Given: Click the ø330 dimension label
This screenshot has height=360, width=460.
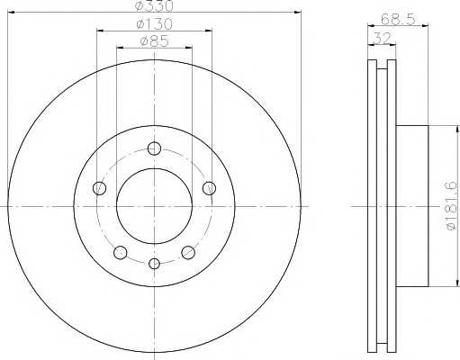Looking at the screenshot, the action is click(x=154, y=6).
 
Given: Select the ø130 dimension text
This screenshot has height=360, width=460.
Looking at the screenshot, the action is click(x=154, y=24).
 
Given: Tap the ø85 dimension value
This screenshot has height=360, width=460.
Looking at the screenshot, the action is click(x=154, y=41).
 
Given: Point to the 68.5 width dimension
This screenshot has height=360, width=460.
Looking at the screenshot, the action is click(x=398, y=19).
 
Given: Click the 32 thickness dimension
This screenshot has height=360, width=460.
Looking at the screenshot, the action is click(x=382, y=38).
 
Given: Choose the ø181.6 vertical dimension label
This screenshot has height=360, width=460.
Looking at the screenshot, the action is click(x=452, y=206).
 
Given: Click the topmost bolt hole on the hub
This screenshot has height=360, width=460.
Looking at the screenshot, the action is click(x=154, y=148).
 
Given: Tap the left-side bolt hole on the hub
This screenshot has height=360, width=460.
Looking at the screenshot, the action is click(x=99, y=188).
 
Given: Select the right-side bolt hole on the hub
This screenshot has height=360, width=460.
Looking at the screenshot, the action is click(x=209, y=188).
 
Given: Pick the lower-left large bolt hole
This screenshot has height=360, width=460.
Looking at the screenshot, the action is click(x=121, y=252).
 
